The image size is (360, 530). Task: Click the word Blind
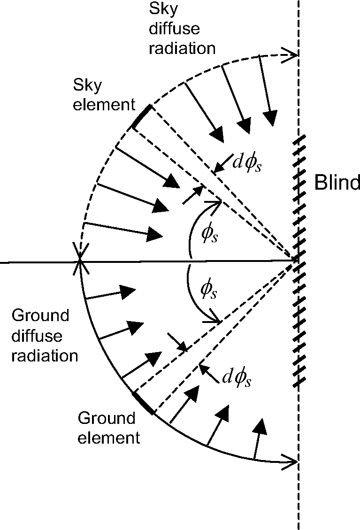pos(337,183)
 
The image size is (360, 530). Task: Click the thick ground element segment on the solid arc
pos(143,403)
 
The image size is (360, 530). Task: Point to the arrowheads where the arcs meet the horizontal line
pos(81,260)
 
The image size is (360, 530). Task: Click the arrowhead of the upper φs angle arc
pos(218,203)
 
